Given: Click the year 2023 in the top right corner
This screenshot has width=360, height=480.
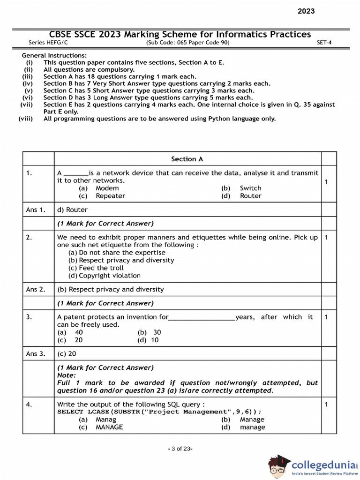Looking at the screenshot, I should point(306,11).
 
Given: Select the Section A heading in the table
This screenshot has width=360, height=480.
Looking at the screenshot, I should point(187,159).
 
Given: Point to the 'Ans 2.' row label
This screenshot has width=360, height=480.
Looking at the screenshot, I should point(36,289).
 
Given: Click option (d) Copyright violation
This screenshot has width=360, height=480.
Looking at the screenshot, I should point(104,276).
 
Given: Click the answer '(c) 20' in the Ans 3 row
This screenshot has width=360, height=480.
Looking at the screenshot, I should point(67,354).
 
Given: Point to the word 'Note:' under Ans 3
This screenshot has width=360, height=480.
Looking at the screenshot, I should point(66,375).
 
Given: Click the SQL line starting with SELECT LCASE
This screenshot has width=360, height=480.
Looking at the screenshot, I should point(159,412).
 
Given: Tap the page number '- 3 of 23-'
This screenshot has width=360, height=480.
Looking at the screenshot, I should point(180,449).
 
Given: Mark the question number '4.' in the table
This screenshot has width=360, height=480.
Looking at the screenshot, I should point(29,404).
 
